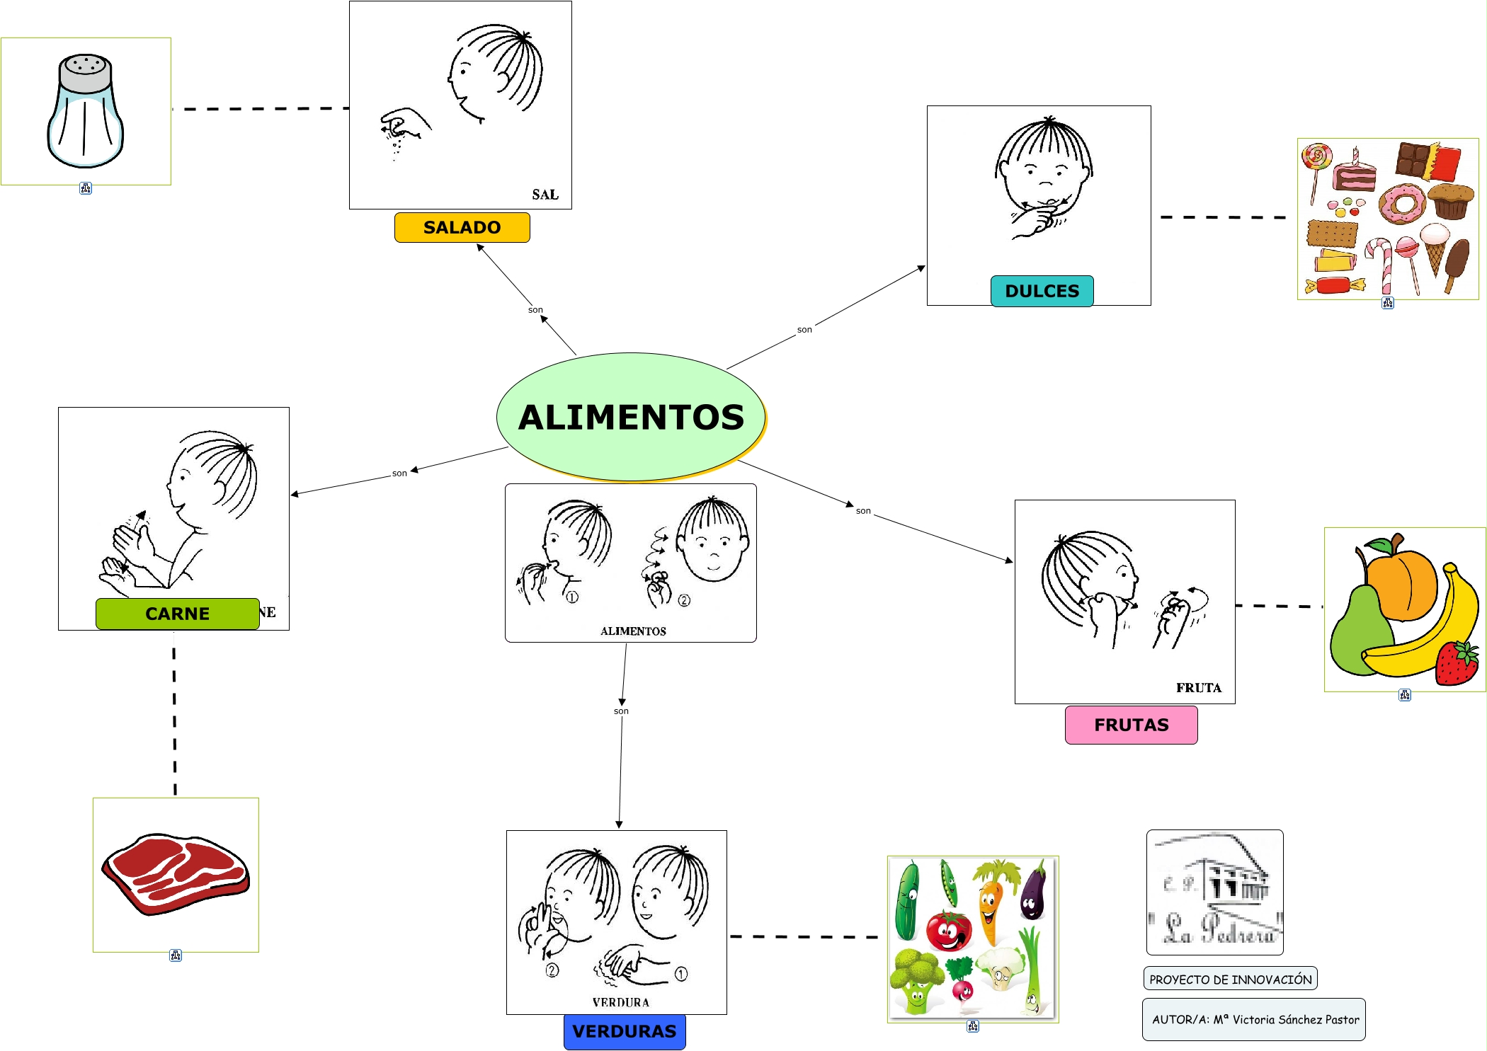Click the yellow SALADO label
tap(462, 227)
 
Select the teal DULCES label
tap(1042, 291)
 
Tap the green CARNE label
tap(177, 614)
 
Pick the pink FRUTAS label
tap(1131, 725)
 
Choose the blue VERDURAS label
tap(624, 1031)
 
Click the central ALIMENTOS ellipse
tap(631, 416)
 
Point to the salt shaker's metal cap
tap(85, 74)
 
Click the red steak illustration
tap(176, 873)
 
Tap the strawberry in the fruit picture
tap(1457, 662)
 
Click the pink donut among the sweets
tap(1401, 204)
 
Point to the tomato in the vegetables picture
tap(948, 930)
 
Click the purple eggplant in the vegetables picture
tap(1033, 893)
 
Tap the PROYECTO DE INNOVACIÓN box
tap(1230, 979)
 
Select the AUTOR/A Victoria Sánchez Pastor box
tap(1253, 1019)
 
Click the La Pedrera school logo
tap(1214, 892)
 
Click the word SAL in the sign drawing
tap(545, 195)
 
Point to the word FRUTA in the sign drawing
tap(1198, 687)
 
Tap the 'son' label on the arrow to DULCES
tap(804, 329)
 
